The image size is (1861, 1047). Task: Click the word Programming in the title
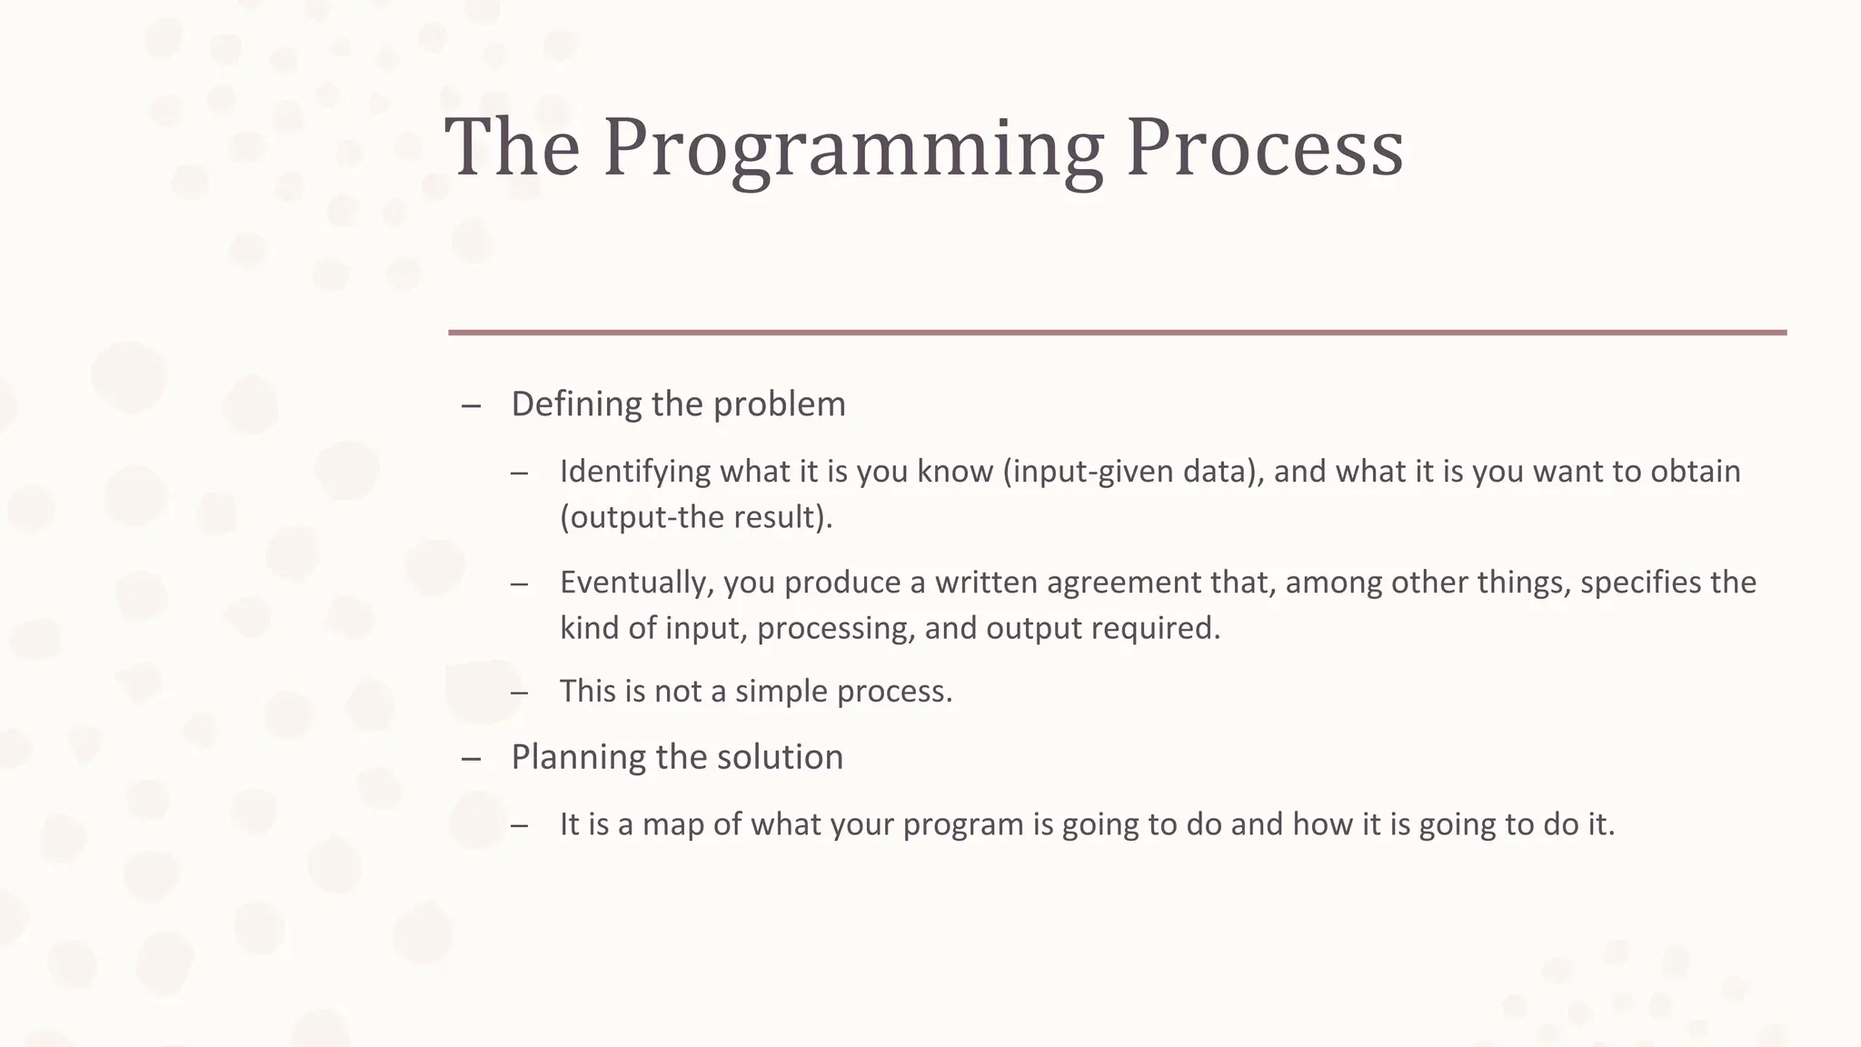[852, 147]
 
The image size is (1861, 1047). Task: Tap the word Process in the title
[1265, 147]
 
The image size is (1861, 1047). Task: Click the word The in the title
[512, 147]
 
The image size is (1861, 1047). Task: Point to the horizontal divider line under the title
[1117, 333]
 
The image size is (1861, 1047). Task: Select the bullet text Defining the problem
[678, 404]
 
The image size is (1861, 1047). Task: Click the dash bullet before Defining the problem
[471, 406]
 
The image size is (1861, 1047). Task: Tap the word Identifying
[635, 472]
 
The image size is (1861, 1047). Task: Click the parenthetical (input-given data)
[1132, 472]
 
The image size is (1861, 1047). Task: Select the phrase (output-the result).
[696, 517]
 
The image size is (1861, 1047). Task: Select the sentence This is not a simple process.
[756, 692]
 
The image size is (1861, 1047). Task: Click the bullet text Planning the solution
[677, 757]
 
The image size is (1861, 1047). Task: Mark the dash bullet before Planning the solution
[471, 759]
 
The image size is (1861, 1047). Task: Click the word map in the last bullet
[673, 824]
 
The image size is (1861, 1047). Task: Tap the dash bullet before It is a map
[519, 826]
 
